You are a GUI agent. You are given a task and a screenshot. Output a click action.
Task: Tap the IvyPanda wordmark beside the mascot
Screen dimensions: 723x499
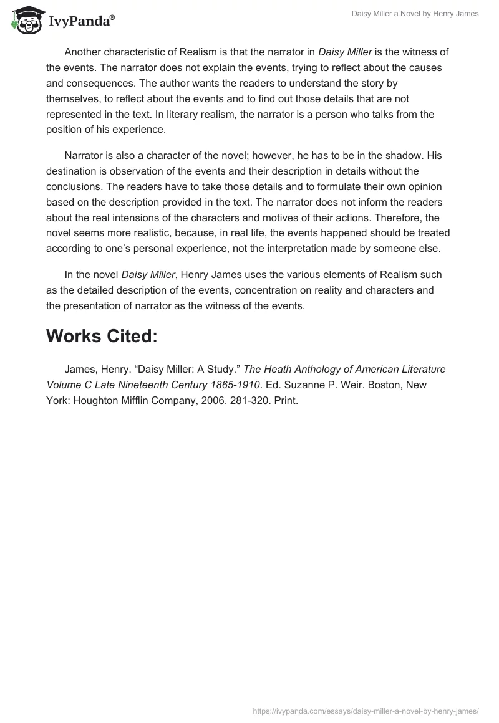(81, 22)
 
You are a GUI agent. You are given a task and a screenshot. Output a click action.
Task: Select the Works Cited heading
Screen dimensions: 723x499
(102, 336)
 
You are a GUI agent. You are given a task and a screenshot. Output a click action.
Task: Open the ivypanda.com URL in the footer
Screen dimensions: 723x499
(366, 710)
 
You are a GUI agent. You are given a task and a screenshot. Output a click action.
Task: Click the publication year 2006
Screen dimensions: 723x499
(225, 401)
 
